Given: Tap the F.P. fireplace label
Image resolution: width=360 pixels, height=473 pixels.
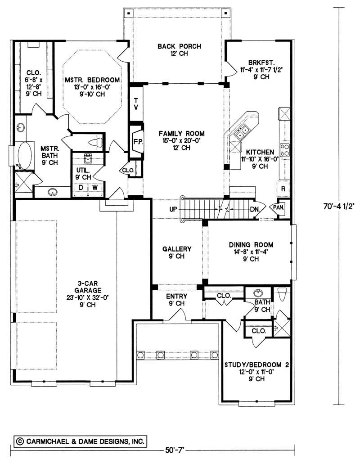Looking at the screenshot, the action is point(138,141).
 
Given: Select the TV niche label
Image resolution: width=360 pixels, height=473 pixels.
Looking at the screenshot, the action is point(136,104).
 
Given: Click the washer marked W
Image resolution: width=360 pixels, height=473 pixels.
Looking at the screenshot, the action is point(95,188).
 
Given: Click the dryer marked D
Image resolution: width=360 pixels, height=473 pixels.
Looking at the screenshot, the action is point(81,188).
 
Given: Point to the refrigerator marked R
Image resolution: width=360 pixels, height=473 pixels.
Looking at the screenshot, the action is point(283,189).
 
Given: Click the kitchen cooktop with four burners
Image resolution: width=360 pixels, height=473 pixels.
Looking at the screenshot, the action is point(285,149).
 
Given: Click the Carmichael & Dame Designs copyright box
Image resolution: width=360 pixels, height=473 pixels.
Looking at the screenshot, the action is point(80,441).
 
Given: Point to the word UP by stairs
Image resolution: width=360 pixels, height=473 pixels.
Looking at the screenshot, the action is point(173,209).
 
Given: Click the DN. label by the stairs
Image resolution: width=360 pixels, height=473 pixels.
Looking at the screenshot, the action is point(255,209).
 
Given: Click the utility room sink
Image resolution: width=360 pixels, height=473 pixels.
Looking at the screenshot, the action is point(88,158).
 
